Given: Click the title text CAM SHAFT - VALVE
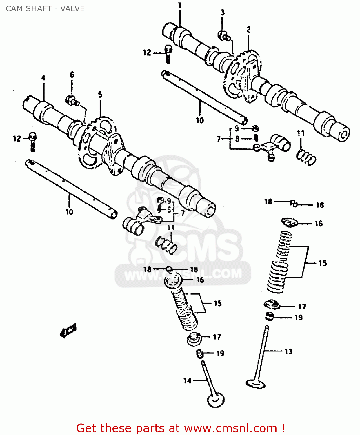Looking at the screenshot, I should point(45,9).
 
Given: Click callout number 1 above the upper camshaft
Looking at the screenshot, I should point(180,5).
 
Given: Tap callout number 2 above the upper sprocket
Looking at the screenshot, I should point(248,30).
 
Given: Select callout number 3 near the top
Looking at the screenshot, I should point(222,12).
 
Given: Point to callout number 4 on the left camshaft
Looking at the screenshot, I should point(43,78).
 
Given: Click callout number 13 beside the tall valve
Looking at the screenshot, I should point(288,352).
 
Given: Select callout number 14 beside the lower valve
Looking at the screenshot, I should point(187,380).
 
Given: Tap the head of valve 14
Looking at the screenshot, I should point(216,400).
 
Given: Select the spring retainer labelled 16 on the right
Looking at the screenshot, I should point(290,222).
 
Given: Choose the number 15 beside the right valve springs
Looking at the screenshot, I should point(322,263).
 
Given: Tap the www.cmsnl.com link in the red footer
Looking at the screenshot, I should point(230,428).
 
